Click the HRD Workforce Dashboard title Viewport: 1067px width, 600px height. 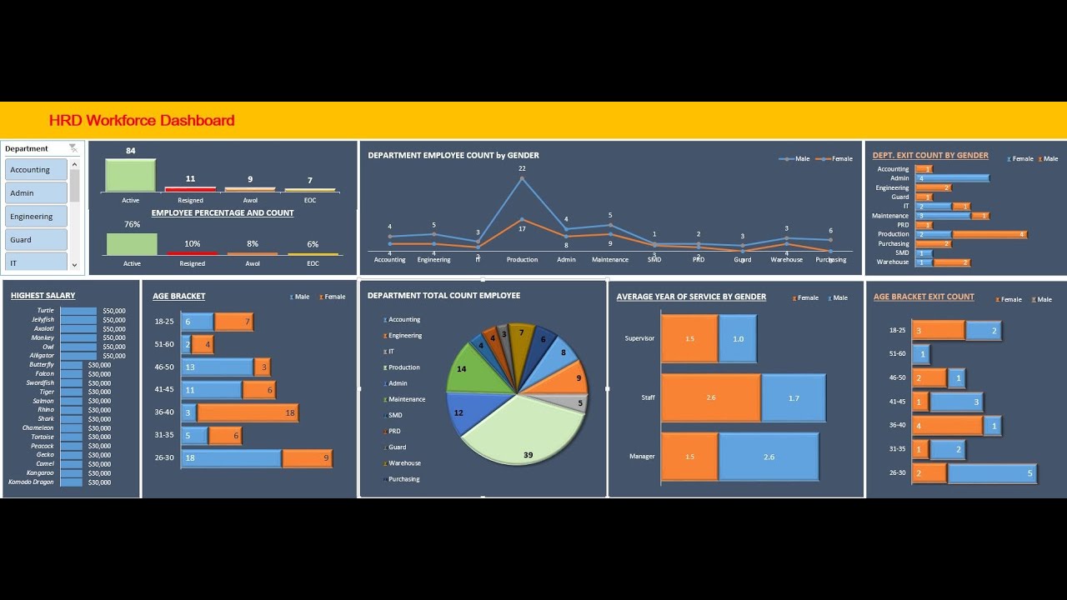click(142, 120)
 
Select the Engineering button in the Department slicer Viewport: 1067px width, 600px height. click(35, 217)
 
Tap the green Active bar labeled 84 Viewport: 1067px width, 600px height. click(131, 176)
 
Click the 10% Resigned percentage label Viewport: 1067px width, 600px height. click(192, 244)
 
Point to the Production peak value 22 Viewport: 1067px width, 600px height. click(522, 168)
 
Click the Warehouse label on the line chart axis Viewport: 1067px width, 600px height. click(786, 260)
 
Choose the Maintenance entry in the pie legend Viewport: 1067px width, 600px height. click(406, 399)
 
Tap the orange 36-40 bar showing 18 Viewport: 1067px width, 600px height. click(248, 412)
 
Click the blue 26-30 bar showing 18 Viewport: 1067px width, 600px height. click(231, 458)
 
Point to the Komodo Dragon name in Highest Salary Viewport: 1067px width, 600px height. click(31, 482)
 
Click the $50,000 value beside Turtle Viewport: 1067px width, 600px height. click(113, 311)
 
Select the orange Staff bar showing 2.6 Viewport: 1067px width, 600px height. click(710, 397)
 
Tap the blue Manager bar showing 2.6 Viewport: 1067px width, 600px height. click(768, 457)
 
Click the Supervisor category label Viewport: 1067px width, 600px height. click(639, 338)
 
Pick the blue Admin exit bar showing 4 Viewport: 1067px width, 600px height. click(952, 178)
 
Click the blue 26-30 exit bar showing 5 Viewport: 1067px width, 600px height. click(991, 473)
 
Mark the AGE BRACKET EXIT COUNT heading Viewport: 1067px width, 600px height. click(924, 297)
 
